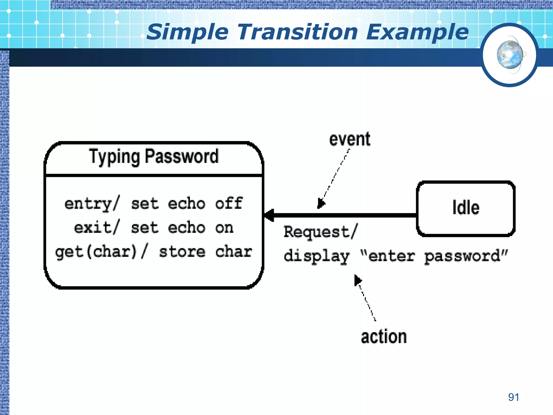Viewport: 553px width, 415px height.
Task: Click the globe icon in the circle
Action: pos(510,55)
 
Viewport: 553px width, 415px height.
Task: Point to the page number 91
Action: pos(514,397)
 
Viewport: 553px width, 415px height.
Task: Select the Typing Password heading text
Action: pos(154,157)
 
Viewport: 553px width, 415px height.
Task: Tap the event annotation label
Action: pos(350,139)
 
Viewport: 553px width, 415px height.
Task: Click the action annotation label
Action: pos(384,337)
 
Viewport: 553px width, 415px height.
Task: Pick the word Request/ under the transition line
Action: pos(321,232)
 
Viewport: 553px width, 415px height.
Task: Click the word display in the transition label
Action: pos(316,256)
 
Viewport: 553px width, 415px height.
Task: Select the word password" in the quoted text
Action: pos(466,256)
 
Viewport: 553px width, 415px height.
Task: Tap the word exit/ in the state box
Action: pos(96,227)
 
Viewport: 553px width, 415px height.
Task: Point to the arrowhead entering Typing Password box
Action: pos(269,215)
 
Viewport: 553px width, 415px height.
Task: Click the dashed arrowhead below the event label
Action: pos(321,203)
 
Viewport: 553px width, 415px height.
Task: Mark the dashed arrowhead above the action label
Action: pos(358,280)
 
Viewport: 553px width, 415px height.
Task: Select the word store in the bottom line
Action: pos(182,252)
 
